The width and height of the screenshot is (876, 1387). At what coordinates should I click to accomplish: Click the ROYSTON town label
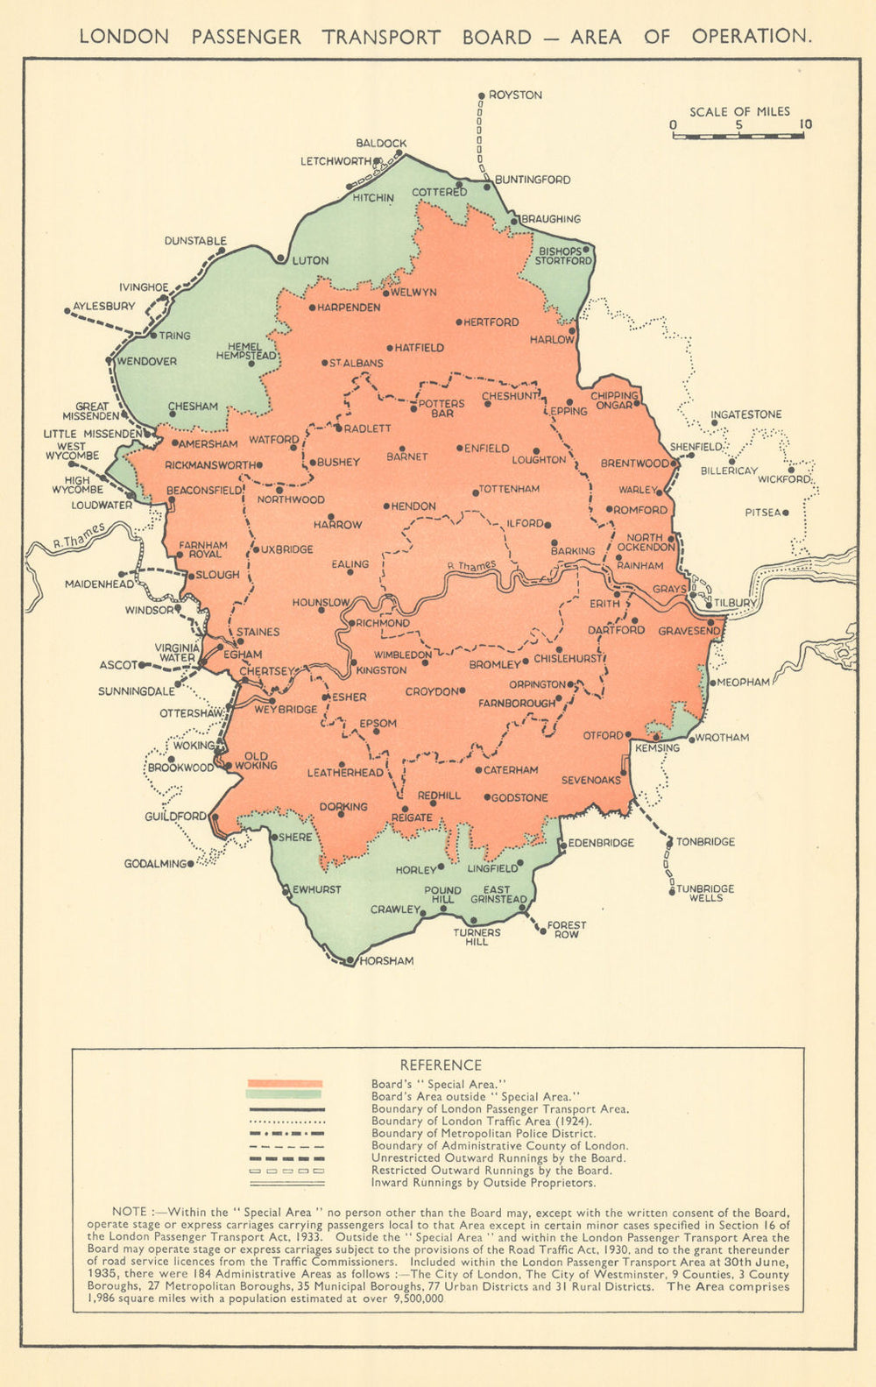click(x=515, y=95)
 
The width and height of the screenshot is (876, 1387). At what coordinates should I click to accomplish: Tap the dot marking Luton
click(x=280, y=258)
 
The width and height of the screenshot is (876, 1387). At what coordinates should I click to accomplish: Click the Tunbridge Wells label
click(x=705, y=893)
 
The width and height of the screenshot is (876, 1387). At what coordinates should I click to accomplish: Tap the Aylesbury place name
click(x=104, y=306)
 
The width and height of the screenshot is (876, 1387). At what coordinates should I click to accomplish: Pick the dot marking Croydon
click(x=463, y=690)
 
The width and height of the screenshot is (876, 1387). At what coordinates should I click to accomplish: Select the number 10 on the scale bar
click(x=805, y=124)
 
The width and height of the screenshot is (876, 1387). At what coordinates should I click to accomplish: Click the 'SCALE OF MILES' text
click(x=739, y=111)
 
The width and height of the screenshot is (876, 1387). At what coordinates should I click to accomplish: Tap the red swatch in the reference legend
click(x=285, y=1084)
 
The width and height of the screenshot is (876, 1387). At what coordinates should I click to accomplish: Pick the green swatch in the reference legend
click(x=285, y=1094)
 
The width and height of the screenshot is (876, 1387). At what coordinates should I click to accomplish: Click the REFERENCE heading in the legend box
click(x=441, y=1065)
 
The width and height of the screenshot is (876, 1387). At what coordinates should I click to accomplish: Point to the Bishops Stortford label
click(x=565, y=256)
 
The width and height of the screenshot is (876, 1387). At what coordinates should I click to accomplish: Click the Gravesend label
click(x=689, y=631)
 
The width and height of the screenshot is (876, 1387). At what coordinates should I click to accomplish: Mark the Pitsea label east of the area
click(x=762, y=513)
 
